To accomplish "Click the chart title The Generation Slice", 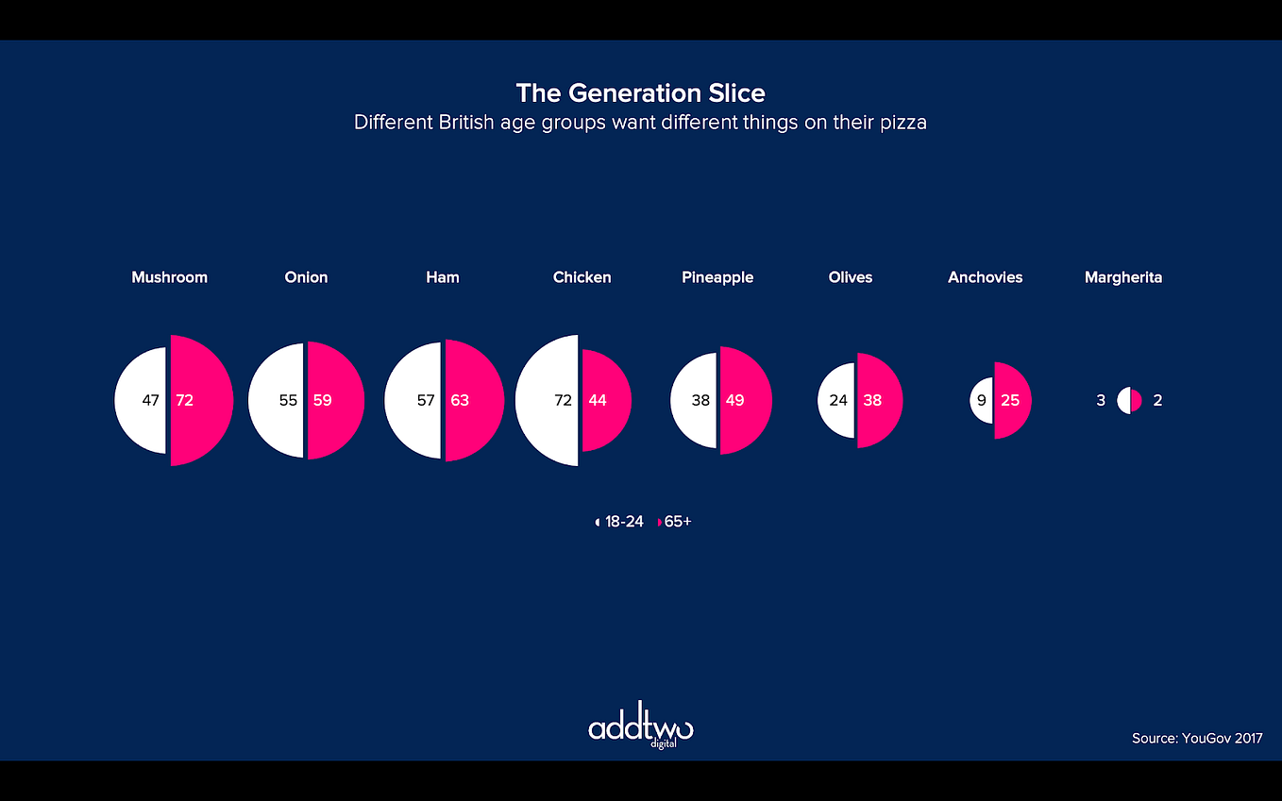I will click(x=640, y=93).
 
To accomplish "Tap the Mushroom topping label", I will click(x=169, y=277).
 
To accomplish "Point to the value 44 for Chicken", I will click(x=598, y=400).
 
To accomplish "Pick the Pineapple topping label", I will click(x=717, y=277).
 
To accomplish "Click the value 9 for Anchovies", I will click(x=982, y=400).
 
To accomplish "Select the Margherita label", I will click(x=1123, y=277).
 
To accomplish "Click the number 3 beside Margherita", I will click(x=1101, y=400).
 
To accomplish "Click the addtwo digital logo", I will click(x=640, y=727).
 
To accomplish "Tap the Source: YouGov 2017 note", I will click(x=1196, y=739).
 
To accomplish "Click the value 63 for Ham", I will click(x=460, y=400).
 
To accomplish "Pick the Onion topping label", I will click(x=306, y=277).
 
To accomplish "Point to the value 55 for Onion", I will click(x=288, y=400).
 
